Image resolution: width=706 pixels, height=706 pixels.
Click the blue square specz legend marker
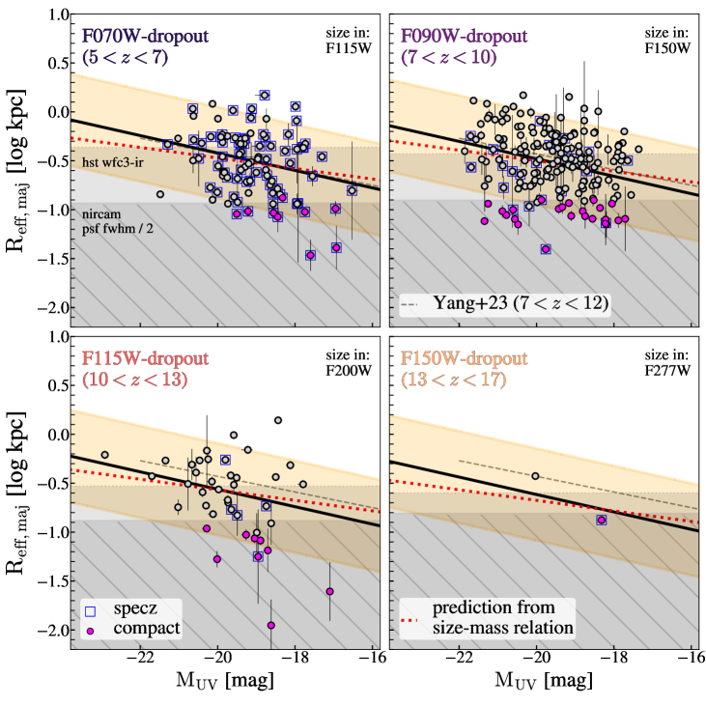91,611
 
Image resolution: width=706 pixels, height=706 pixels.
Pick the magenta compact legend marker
91,630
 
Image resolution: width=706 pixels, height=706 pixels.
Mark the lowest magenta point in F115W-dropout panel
271,625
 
